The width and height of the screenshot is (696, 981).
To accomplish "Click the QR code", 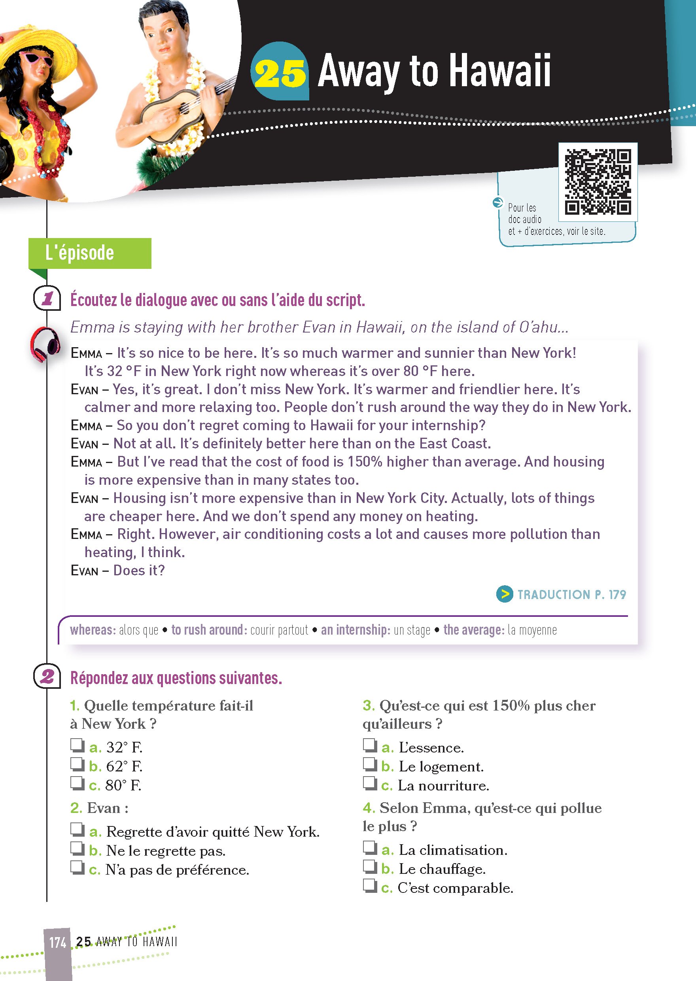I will [x=598, y=182].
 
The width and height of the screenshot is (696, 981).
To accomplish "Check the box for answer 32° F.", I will [x=77, y=745].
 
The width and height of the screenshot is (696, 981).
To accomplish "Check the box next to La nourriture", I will [x=369, y=783].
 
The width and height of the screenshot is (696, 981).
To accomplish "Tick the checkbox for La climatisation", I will [x=369, y=848].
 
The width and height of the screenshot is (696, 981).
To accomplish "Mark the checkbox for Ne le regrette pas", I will [x=77, y=848].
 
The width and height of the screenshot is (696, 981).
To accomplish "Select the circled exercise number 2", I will [x=47, y=677].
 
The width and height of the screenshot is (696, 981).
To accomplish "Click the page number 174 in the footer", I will [x=57, y=942].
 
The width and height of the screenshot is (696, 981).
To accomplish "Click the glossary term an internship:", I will [x=355, y=629].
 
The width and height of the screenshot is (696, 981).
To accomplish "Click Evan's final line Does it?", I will [x=139, y=571].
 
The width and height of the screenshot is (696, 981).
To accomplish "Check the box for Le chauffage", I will [x=369, y=867].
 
